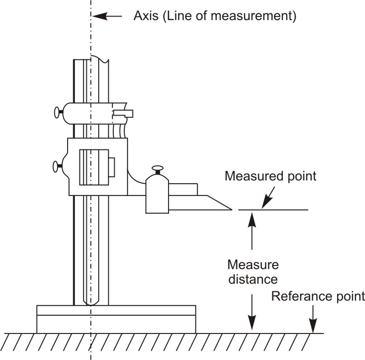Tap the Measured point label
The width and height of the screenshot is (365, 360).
270,176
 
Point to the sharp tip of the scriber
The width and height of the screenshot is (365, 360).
231,210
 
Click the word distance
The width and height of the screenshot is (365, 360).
253,279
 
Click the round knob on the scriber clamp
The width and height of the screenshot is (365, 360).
158,169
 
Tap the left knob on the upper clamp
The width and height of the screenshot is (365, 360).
58,112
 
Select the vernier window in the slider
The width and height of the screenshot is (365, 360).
94,167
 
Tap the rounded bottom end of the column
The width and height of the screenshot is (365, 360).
91,301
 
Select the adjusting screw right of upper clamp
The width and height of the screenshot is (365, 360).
123,113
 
